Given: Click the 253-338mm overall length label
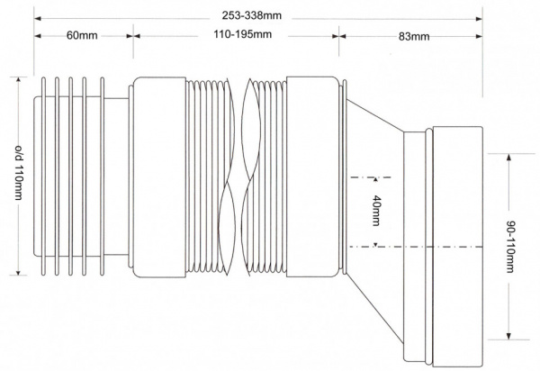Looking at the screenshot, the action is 251,15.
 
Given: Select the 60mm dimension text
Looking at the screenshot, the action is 82,35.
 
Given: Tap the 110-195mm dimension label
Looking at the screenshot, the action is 242,34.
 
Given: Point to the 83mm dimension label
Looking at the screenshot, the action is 414,37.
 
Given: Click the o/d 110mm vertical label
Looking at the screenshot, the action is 19,172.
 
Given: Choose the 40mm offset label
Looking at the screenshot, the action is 376,211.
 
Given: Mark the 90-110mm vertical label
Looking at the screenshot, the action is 510,247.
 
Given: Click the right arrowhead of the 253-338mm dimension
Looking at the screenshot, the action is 479,19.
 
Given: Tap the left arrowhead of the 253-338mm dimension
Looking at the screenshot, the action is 38,18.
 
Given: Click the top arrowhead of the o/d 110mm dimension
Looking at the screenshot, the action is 18,81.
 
